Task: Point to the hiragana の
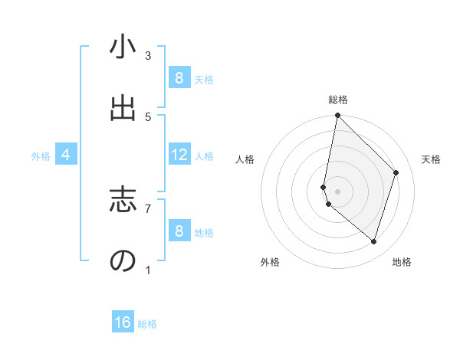tap(123, 260)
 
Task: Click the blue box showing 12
tap(179, 155)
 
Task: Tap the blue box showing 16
tap(123, 322)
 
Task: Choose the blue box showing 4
tap(66, 155)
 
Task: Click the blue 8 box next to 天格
tap(179, 78)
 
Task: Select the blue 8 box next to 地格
tap(179, 231)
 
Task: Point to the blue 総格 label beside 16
tap(147, 324)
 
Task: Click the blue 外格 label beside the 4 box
tap(41, 156)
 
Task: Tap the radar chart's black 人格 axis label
tap(245, 159)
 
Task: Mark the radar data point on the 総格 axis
tap(337, 115)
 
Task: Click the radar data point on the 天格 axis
tap(396, 172)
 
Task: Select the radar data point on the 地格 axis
tap(374, 242)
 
